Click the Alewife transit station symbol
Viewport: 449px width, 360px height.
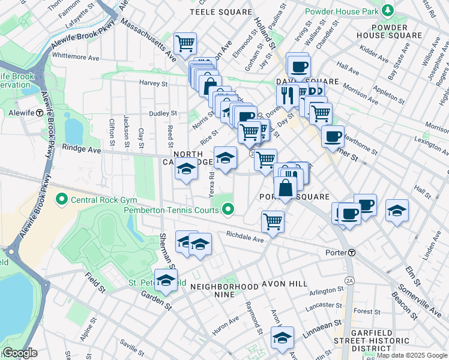[39, 112]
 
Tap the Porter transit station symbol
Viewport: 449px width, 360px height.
[352, 253]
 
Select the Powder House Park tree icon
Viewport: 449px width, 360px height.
[388, 11]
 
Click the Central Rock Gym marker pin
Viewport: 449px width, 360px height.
[61, 199]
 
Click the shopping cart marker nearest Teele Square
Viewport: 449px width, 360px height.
[185, 43]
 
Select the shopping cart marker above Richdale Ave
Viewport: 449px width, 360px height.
[273, 221]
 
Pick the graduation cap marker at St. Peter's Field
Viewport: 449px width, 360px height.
[166, 280]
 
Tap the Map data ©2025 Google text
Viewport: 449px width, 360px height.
[412, 355]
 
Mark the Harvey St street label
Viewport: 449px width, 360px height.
[152, 83]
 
